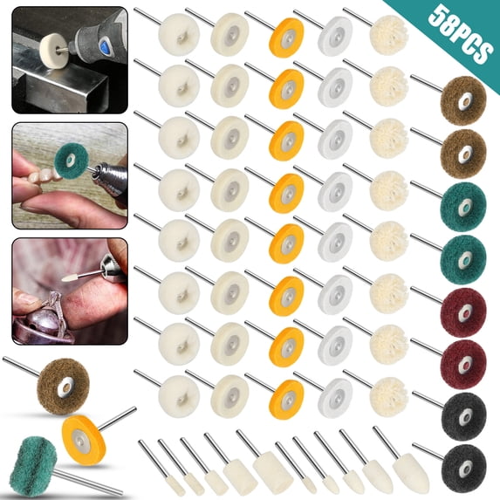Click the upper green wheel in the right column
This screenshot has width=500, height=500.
[462, 202]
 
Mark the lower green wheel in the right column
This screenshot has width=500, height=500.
[462, 254]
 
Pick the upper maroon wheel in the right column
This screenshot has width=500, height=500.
[462, 307]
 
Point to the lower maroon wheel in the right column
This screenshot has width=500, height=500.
[462, 360]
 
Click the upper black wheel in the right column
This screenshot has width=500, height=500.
[462, 412]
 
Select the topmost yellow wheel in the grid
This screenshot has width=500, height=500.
[287, 36]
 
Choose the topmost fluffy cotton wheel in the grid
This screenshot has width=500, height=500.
[389, 32]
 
